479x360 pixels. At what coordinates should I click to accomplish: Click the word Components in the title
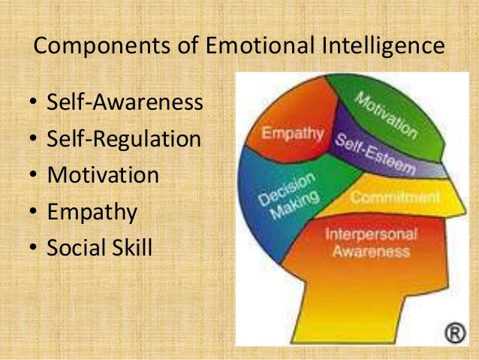[93, 46]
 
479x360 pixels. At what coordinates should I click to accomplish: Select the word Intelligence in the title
[384, 46]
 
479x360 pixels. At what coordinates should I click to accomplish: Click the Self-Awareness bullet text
[125, 102]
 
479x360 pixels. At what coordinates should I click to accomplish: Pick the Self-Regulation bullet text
[124, 138]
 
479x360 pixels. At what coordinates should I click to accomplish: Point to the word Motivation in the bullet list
[103, 175]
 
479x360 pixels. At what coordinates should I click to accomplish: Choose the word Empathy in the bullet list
[92, 212]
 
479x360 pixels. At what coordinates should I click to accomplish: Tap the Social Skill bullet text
[99, 247]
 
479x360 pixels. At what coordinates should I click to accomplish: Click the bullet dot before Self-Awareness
[35, 103]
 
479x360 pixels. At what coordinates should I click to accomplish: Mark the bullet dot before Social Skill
[35, 248]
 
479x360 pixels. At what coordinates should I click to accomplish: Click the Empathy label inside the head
[292, 135]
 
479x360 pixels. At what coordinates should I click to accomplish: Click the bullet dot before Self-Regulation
[35, 139]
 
